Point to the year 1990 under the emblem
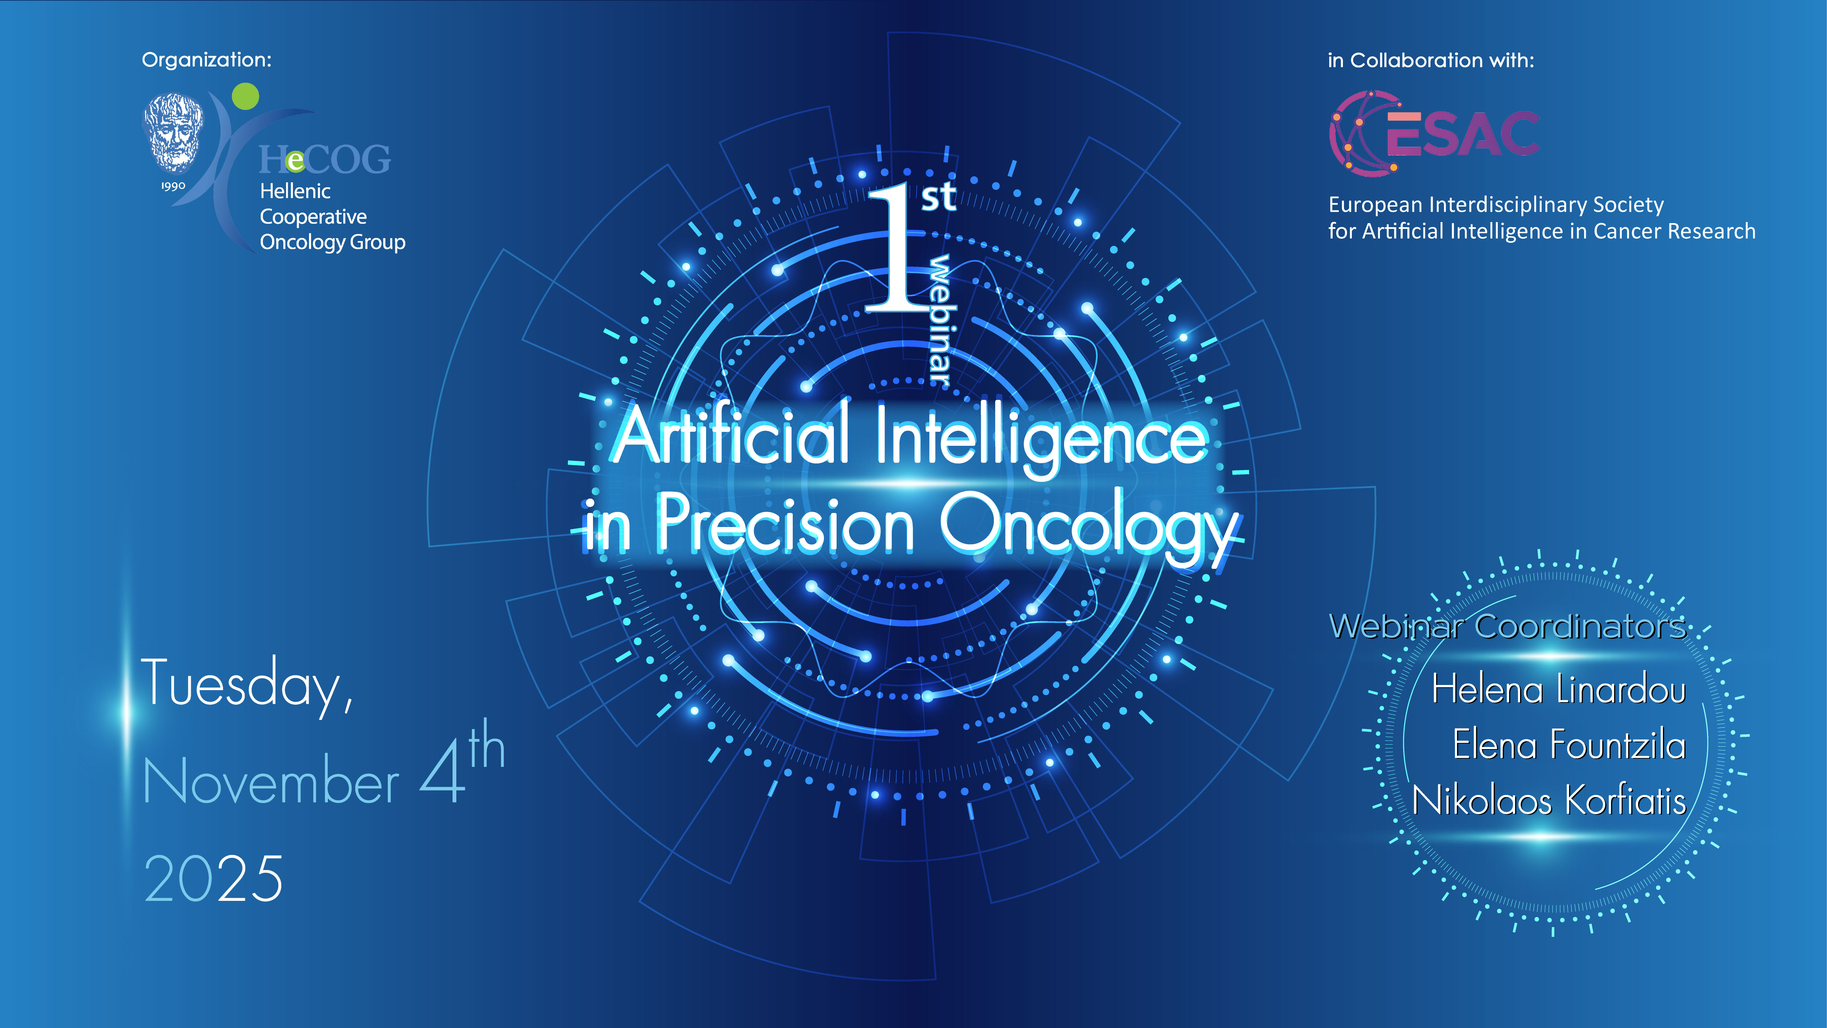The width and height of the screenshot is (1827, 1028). coord(173,186)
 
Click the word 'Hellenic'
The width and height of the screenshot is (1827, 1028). coord(295,192)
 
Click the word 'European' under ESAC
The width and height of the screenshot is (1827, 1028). coord(1375,205)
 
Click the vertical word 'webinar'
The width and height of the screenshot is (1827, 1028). coord(940,319)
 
